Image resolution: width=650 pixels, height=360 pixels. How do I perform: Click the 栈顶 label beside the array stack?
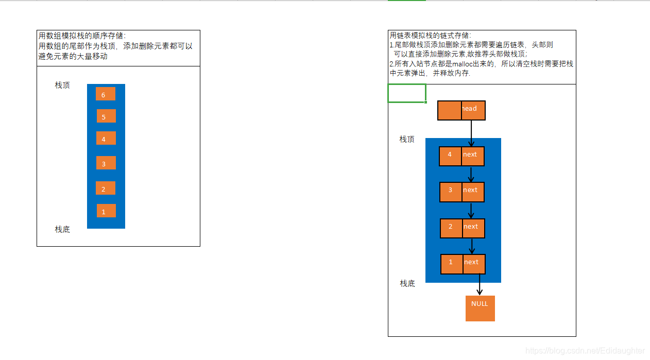(x=62, y=85)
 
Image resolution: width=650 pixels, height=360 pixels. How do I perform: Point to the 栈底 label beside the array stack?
(x=62, y=230)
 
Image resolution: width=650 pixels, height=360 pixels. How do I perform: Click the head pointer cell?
(x=473, y=110)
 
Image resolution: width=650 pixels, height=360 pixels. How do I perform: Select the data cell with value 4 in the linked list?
(x=451, y=156)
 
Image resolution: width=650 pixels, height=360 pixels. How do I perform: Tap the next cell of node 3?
(x=473, y=192)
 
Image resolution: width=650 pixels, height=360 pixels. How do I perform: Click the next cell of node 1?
(x=474, y=264)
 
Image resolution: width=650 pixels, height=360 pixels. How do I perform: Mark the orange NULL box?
(x=480, y=308)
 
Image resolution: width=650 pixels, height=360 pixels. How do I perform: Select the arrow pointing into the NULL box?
(x=480, y=285)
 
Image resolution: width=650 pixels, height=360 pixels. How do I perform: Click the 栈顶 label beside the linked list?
(x=407, y=140)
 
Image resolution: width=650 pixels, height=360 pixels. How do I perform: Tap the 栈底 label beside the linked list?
(x=407, y=284)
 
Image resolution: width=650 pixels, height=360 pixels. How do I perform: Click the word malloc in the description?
(x=466, y=64)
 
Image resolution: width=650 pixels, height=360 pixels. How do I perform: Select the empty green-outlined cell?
(x=407, y=93)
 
